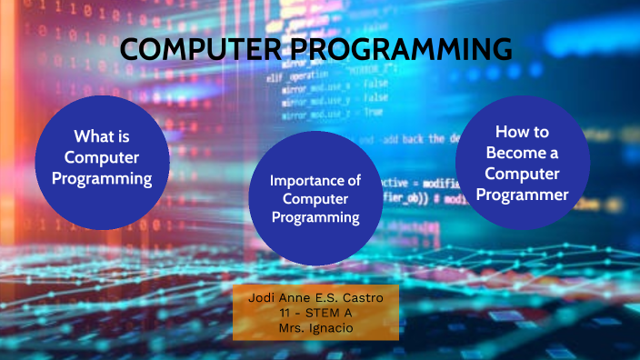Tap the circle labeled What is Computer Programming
click(102, 161)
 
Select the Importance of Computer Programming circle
click(315, 197)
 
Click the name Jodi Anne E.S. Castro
click(315, 298)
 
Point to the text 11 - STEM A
click(315, 312)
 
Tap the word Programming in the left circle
click(102, 178)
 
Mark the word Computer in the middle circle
click(315, 198)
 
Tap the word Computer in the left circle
click(102, 157)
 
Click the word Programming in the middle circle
click(315, 217)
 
